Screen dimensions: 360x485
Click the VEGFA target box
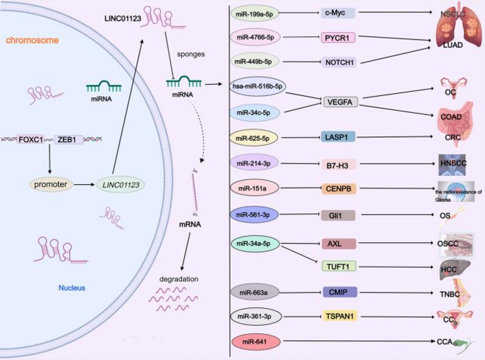[341, 101]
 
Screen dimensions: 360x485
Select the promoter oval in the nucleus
[50, 183]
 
